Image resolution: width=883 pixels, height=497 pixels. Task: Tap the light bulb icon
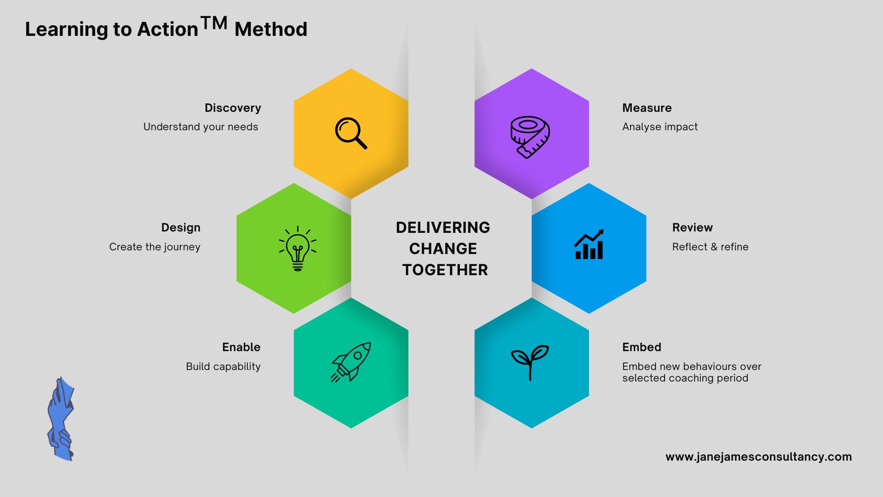(298, 248)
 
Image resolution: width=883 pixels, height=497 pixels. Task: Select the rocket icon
(351, 362)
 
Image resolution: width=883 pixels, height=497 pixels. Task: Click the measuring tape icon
(530, 137)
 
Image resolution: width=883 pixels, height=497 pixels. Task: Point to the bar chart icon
(589, 244)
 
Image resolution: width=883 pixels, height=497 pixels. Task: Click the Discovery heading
(233, 108)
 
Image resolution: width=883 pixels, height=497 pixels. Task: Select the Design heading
(181, 228)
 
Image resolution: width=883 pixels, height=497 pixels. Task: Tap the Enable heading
(241, 347)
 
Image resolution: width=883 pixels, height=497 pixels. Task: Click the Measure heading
(647, 108)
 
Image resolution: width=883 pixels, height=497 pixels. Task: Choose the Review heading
(693, 228)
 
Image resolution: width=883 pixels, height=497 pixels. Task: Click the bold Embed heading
(642, 347)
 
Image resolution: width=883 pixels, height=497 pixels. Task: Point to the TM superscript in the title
(214, 23)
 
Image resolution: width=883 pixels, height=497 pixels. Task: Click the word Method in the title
(271, 29)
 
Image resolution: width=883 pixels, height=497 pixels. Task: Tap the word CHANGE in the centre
(443, 249)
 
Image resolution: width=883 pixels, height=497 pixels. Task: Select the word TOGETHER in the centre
(445, 270)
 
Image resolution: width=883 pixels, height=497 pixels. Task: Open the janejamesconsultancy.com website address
(759, 457)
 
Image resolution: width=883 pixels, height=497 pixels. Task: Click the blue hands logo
(60, 419)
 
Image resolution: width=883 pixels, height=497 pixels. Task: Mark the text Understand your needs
(201, 127)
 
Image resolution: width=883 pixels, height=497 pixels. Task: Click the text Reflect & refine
(711, 247)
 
